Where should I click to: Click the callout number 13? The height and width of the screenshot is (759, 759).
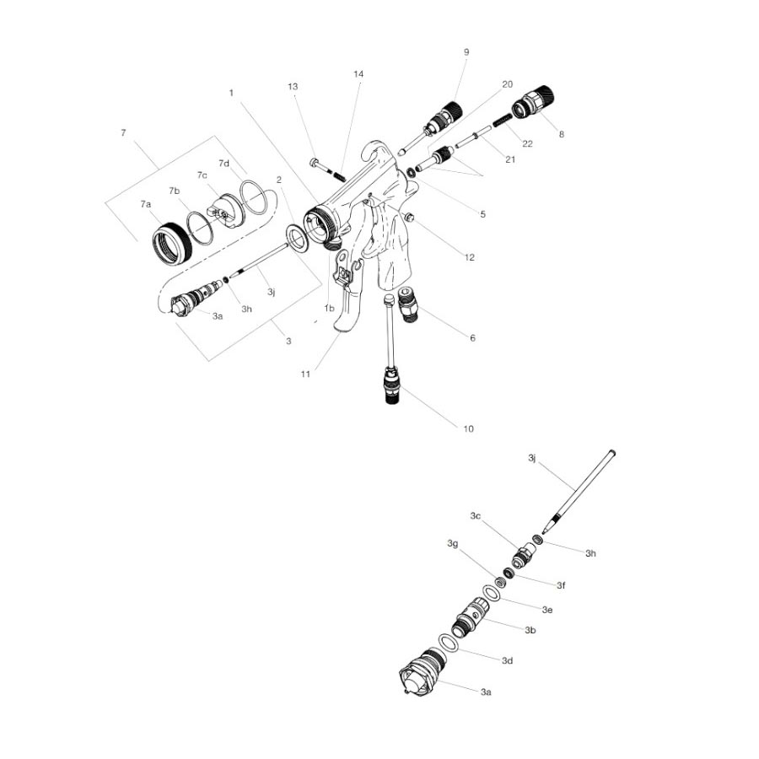click(293, 87)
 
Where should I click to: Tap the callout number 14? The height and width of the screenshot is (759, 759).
click(358, 74)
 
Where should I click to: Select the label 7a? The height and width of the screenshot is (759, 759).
click(146, 205)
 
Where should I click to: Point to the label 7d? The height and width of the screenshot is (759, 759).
click(224, 162)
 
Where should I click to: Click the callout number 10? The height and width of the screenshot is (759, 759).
click(468, 428)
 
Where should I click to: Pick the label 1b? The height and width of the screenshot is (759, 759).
click(330, 309)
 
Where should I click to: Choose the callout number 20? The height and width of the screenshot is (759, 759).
click(507, 84)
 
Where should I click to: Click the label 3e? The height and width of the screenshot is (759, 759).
click(546, 608)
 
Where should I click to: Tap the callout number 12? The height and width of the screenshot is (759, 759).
click(469, 257)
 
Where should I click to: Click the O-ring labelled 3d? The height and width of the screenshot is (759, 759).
click(450, 643)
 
